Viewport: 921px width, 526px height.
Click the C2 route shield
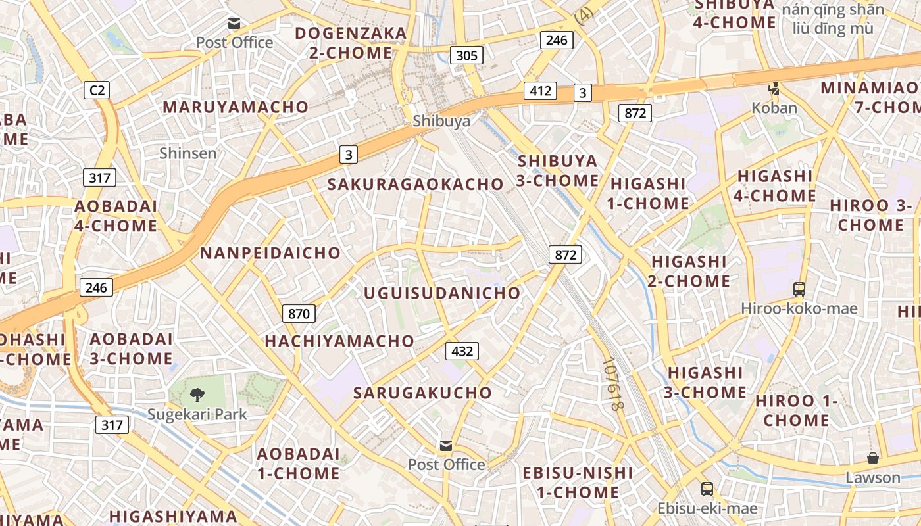(96, 90)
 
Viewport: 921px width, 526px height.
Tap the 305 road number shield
(466, 55)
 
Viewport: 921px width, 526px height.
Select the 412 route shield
(540, 91)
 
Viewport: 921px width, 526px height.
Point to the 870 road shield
(299, 314)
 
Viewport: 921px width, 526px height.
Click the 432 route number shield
(462, 351)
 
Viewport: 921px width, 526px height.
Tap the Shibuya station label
(432, 121)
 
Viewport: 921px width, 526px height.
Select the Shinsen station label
(187, 153)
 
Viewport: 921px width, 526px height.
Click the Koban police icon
(774, 88)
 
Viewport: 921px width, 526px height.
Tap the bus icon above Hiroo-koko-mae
(799, 289)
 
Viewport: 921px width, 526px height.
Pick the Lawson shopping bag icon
(873, 458)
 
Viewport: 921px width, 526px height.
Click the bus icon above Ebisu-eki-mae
(707, 489)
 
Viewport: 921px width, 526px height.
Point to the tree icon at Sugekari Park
(197, 394)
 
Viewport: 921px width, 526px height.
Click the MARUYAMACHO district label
(236, 107)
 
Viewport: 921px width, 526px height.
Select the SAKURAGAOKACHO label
(415, 184)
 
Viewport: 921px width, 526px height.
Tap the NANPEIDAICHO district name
(270, 253)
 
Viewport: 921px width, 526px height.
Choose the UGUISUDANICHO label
(442, 293)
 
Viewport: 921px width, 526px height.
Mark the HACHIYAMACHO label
(339, 341)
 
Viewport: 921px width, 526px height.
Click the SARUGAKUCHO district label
(422, 393)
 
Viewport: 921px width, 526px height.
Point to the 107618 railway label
(612, 385)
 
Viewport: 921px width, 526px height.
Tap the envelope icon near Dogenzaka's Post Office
(234, 24)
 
